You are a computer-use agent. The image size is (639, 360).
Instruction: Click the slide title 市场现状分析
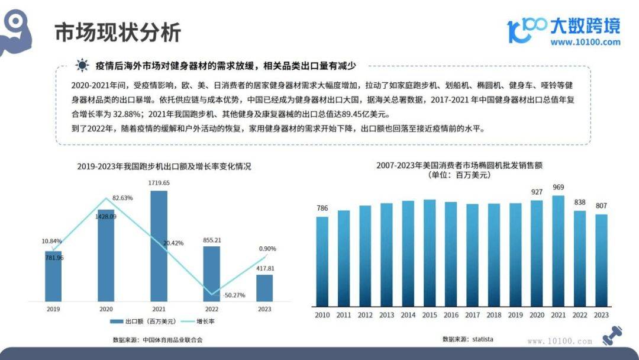(118, 33)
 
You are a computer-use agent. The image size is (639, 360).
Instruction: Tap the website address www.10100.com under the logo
(585, 42)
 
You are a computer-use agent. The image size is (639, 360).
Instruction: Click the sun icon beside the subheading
(82, 65)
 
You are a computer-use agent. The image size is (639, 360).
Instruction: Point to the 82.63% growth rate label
(122, 197)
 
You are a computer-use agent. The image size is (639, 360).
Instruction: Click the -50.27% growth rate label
(234, 295)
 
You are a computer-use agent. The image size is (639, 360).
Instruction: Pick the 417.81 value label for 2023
(264, 268)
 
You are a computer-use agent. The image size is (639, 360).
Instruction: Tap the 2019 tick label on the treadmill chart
(53, 308)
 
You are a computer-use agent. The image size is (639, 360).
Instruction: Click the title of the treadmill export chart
(164, 166)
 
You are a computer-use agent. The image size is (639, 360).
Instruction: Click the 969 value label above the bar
(559, 188)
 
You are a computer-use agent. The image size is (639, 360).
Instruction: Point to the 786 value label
(322, 208)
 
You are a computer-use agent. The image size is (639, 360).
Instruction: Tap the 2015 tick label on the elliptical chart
(430, 315)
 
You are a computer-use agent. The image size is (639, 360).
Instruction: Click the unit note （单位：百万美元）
(459, 175)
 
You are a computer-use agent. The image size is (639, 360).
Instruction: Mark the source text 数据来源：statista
(467, 339)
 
